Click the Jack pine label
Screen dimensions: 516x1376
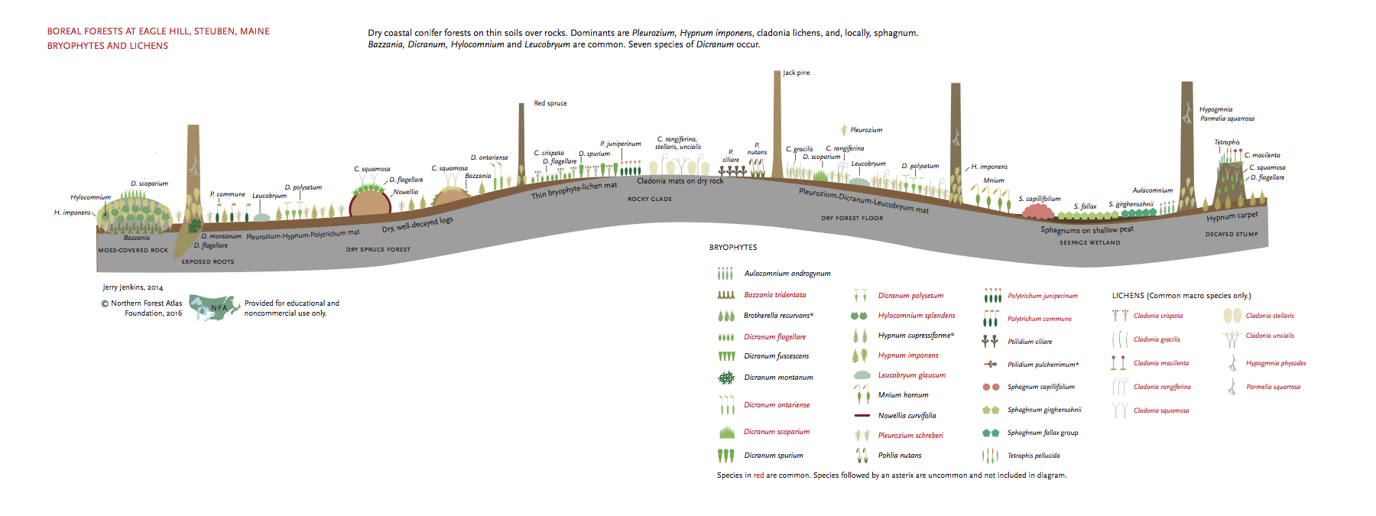click(797, 73)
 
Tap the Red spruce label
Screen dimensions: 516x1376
click(550, 103)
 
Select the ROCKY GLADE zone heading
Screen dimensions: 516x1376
click(650, 200)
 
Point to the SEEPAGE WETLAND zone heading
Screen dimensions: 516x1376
click(1089, 243)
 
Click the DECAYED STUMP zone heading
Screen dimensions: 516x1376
click(1232, 235)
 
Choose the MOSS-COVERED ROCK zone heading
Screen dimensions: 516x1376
click(133, 251)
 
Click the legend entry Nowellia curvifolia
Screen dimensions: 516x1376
click(907, 416)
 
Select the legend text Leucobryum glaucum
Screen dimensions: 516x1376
click(911, 375)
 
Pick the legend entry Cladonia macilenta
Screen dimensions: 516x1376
click(1161, 363)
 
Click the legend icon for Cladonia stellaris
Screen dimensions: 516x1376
click(1232, 316)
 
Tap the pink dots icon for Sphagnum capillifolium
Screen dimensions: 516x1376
click(991, 388)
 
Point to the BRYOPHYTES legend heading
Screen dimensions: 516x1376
click(733, 248)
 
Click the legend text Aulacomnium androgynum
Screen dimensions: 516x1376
click(787, 274)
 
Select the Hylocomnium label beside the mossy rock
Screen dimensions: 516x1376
click(91, 197)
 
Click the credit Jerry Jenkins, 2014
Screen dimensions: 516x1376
click(133, 287)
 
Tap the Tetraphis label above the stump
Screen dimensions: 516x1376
click(1227, 142)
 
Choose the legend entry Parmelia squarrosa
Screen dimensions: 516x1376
click(1273, 387)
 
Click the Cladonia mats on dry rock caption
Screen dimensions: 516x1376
click(680, 181)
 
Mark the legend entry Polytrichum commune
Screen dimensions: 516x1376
click(1039, 319)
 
